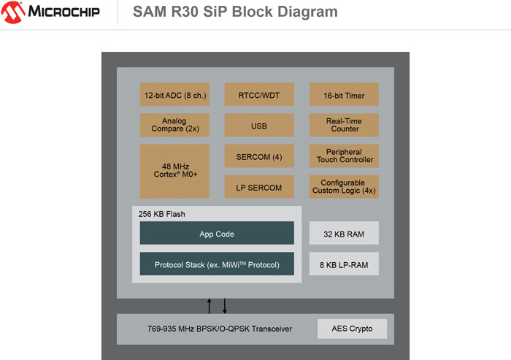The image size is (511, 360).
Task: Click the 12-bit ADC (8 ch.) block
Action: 174,94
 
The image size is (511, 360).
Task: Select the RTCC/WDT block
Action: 259,94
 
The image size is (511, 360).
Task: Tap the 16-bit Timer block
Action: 344,94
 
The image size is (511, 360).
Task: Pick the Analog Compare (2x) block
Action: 174,124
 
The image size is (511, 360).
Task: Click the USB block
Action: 259,126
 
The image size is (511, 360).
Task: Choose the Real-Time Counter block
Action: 344,124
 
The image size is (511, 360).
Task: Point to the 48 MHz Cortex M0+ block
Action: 174,170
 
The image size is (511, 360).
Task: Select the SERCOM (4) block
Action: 259,156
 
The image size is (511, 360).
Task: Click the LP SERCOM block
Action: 259,186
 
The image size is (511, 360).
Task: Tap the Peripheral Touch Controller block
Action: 344,156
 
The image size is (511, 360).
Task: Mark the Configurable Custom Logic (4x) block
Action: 344,186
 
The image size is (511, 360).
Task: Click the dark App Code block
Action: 217,233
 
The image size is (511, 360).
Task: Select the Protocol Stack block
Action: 217,264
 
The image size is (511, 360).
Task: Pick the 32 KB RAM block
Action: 344,233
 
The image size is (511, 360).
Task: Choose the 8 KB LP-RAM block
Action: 344,264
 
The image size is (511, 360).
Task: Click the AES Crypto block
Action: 352,329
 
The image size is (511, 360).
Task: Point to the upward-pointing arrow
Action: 210,305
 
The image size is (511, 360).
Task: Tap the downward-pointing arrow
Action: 224,305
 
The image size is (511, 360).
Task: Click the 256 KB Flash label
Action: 161,214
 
